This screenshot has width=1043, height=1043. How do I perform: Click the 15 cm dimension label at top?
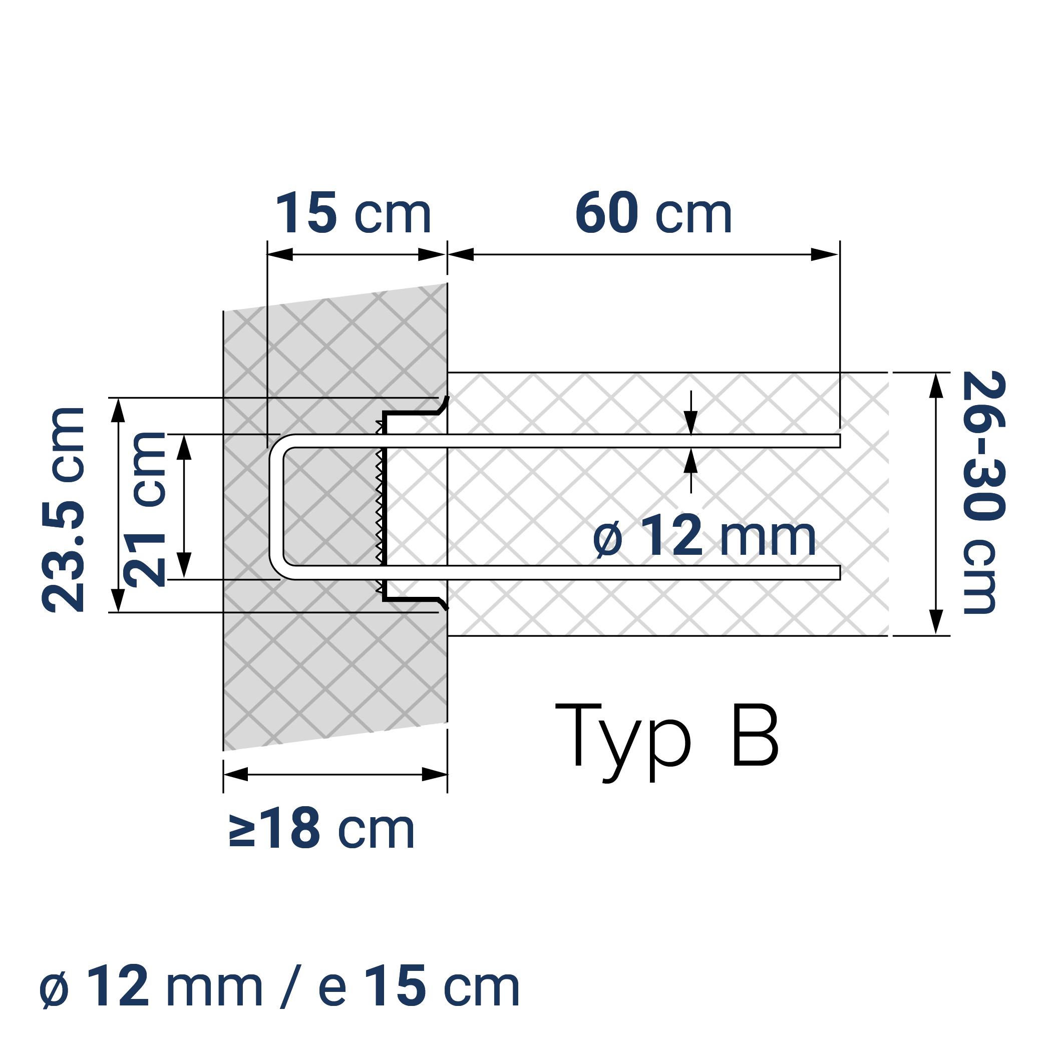pyautogui.click(x=354, y=214)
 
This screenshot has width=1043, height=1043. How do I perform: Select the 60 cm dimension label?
pyautogui.click(x=653, y=214)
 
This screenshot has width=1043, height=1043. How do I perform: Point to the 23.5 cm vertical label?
pyautogui.click(x=64, y=510)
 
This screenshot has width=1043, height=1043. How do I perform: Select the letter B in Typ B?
pyautogui.click(x=755, y=735)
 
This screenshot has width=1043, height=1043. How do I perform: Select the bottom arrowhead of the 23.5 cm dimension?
pyautogui.click(x=118, y=600)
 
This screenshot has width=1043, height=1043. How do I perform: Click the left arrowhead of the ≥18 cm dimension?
pyautogui.click(x=236, y=775)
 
